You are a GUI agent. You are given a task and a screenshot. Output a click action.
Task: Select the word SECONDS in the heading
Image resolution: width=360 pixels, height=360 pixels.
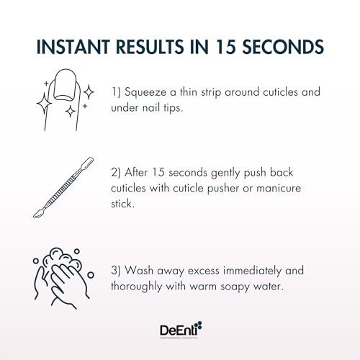pos(283,46)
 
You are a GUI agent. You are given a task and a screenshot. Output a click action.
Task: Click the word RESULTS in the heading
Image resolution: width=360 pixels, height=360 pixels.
pos(150,46)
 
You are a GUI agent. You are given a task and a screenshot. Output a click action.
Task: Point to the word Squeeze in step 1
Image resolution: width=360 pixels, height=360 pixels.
pos(145,93)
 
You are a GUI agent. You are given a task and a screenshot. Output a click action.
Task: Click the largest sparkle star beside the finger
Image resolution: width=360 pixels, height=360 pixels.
pos(44,104)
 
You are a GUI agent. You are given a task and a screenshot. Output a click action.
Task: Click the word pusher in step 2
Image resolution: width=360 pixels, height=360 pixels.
pos(223,189)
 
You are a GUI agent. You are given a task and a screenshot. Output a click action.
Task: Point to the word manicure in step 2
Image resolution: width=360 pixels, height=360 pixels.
pos(279,188)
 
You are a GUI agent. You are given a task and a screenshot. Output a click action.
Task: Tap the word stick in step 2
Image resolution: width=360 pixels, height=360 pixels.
pos(122,204)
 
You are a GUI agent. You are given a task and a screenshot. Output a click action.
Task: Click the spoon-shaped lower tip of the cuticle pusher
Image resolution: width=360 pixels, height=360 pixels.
pos(38,213)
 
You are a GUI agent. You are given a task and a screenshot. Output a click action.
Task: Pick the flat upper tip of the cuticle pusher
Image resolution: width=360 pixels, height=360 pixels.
pos(89,161)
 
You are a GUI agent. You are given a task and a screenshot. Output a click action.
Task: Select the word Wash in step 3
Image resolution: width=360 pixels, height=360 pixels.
pos(139,271)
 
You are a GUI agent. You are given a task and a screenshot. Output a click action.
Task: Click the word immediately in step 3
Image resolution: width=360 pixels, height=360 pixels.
pos(252,271)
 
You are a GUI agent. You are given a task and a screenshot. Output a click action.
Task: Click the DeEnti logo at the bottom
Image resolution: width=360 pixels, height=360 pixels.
pos(181,330)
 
